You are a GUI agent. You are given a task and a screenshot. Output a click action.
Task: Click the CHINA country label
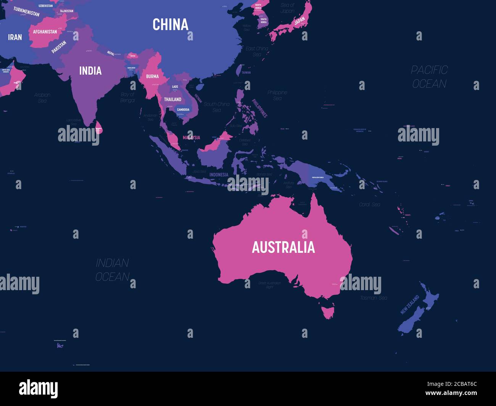coord(170,25)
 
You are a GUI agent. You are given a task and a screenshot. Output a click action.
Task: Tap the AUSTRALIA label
coord(283,247)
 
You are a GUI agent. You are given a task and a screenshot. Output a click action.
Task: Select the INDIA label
coord(90,71)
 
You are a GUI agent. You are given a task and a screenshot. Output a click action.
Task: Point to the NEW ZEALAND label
coord(409,304)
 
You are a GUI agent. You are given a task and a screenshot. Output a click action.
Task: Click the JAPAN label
coord(300,20)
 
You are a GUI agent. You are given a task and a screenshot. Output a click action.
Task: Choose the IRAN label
coord(15,37)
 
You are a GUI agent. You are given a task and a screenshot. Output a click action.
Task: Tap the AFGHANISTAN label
coord(45,32)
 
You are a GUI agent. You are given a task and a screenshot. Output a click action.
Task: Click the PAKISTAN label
coord(59,47)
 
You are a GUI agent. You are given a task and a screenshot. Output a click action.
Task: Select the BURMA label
coord(152,76)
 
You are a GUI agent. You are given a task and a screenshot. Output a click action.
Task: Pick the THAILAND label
coord(172,99)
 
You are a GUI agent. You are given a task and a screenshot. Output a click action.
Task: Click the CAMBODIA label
coord(183,110)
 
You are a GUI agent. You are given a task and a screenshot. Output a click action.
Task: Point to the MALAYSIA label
coord(191,137)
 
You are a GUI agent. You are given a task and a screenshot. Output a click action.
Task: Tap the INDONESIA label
coord(219,175)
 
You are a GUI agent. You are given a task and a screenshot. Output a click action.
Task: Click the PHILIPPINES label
coord(259,108)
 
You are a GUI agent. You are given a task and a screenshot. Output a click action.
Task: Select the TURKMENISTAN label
coord(26,11)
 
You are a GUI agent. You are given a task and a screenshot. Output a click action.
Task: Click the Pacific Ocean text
coord(429,77)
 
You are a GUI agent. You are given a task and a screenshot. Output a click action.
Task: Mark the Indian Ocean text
coord(112,270)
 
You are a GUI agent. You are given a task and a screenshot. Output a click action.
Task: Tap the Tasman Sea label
coord(374,298)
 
